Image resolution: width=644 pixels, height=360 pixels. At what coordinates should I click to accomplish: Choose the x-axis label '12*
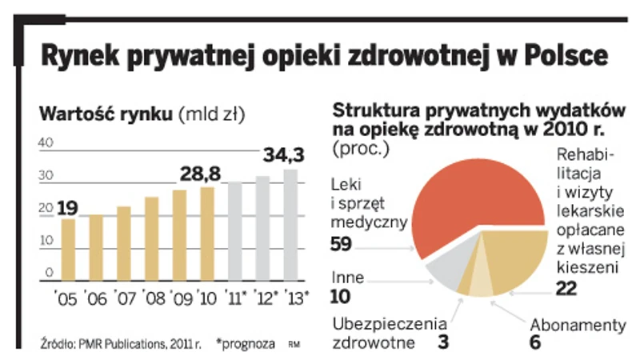[x=264, y=300]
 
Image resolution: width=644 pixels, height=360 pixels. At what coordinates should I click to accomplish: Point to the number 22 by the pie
[x=566, y=289]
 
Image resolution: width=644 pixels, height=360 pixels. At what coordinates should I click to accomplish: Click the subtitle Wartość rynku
[x=106, y=114]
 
